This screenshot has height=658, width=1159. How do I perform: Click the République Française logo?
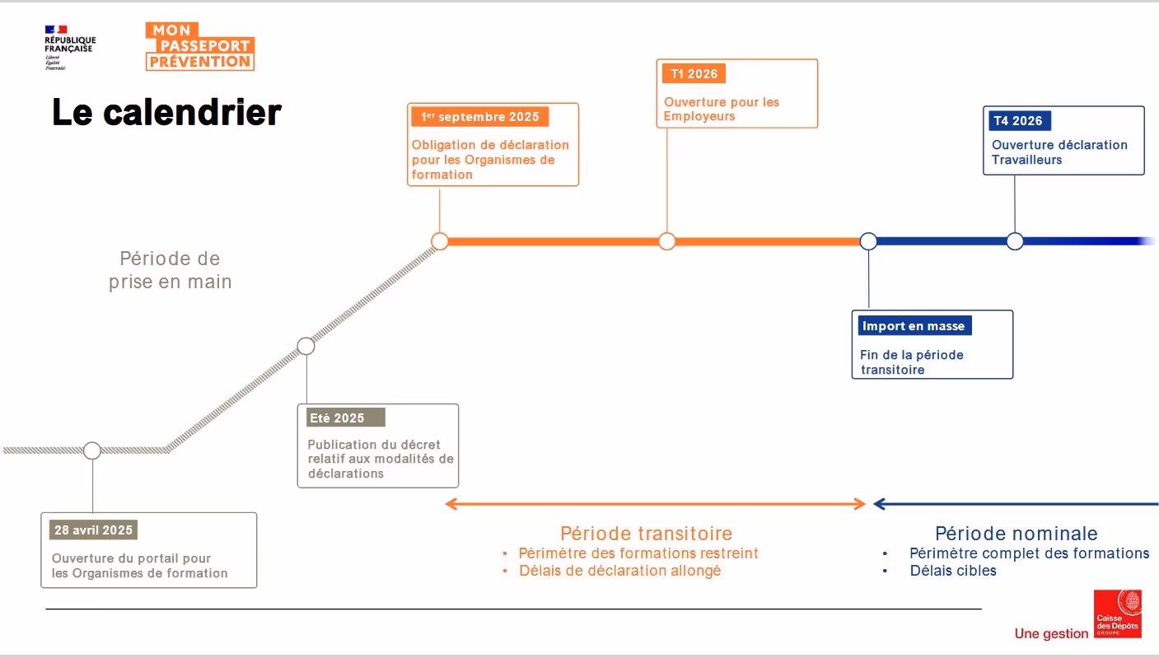point(69,47)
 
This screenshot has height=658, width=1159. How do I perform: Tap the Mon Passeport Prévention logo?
point(200,46)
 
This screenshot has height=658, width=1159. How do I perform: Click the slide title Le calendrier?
point(167,113)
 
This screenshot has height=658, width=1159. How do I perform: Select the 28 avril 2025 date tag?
point(94,530)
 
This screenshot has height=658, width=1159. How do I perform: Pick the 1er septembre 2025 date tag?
point(480,117)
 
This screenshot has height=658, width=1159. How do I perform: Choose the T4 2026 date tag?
point(1017,121)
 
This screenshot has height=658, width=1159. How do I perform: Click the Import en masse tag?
point(914,326)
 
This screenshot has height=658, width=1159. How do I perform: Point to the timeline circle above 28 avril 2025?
point(92,450)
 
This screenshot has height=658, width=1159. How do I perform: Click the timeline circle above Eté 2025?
point(306,346)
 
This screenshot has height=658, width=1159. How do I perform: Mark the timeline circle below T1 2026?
point(667,241)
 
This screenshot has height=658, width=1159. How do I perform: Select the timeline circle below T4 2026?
point(1015,241)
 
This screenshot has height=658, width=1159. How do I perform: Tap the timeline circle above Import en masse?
point(868,241)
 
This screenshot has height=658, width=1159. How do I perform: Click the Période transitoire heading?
point(646,534)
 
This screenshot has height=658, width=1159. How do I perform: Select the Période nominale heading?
point(1016,534)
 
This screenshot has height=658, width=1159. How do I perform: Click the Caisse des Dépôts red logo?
point(1118,614)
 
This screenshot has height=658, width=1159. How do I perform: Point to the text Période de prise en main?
point(171,270)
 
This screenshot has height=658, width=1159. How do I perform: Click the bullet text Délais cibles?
point(953,571)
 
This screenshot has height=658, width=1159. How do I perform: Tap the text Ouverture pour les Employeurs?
point(722,110)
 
